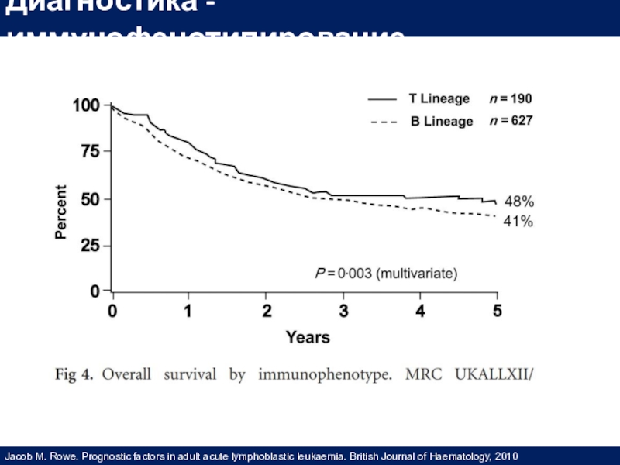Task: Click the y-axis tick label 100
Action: pos(87,105)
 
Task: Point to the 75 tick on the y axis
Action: pos(91,152)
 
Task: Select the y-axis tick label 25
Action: pos(91,246)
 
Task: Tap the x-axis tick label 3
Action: pos(343,312)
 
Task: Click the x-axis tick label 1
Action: pos(188,312)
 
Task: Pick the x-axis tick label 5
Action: pos(498,312)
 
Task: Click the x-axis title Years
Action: pos(308,338)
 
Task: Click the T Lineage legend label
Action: pos(439,99)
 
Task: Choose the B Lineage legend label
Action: pos(441,122)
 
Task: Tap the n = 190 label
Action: pos(510,99)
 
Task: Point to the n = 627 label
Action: pos(510,122)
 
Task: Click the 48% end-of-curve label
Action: pos(518,201)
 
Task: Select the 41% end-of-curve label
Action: pos(518,222)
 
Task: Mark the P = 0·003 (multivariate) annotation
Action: pos(385,273)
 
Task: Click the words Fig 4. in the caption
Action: pos(75,377)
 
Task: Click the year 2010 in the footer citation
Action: pos(505,456)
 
